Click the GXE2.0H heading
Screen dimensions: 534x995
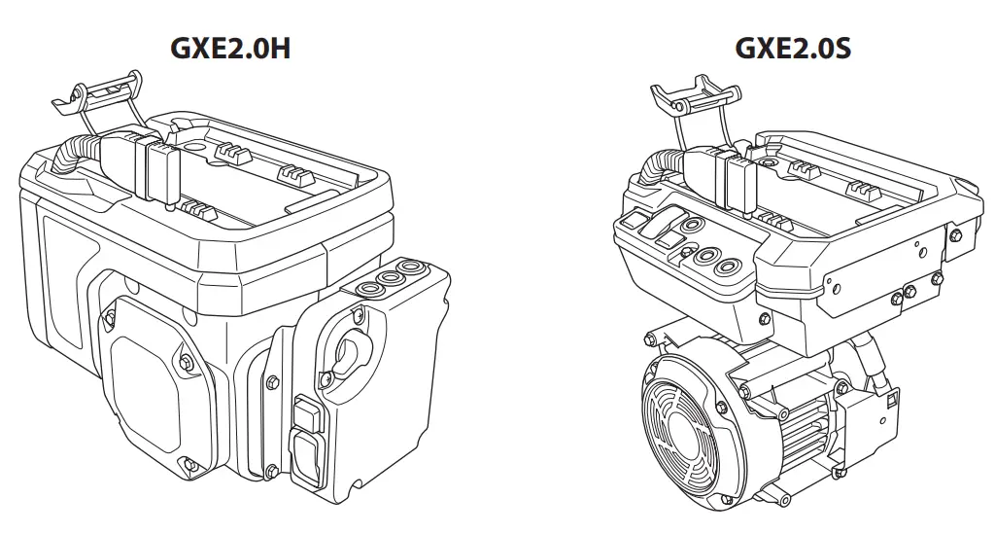230,47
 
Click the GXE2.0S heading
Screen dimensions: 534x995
793,47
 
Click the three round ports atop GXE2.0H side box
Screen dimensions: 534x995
394,279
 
